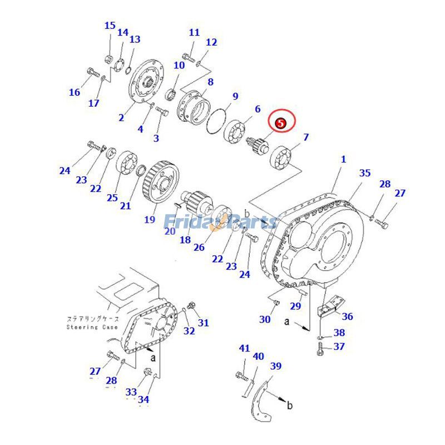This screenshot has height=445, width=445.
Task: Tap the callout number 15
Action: [110, 26]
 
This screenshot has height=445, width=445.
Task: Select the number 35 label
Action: [364, 173]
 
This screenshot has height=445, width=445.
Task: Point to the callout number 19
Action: [150, 219]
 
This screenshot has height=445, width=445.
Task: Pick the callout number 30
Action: [265, 319]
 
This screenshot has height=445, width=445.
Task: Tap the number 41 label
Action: [245, 349]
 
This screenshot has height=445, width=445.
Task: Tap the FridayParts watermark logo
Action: [220, 222]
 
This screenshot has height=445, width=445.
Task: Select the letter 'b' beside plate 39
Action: [290, 406]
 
